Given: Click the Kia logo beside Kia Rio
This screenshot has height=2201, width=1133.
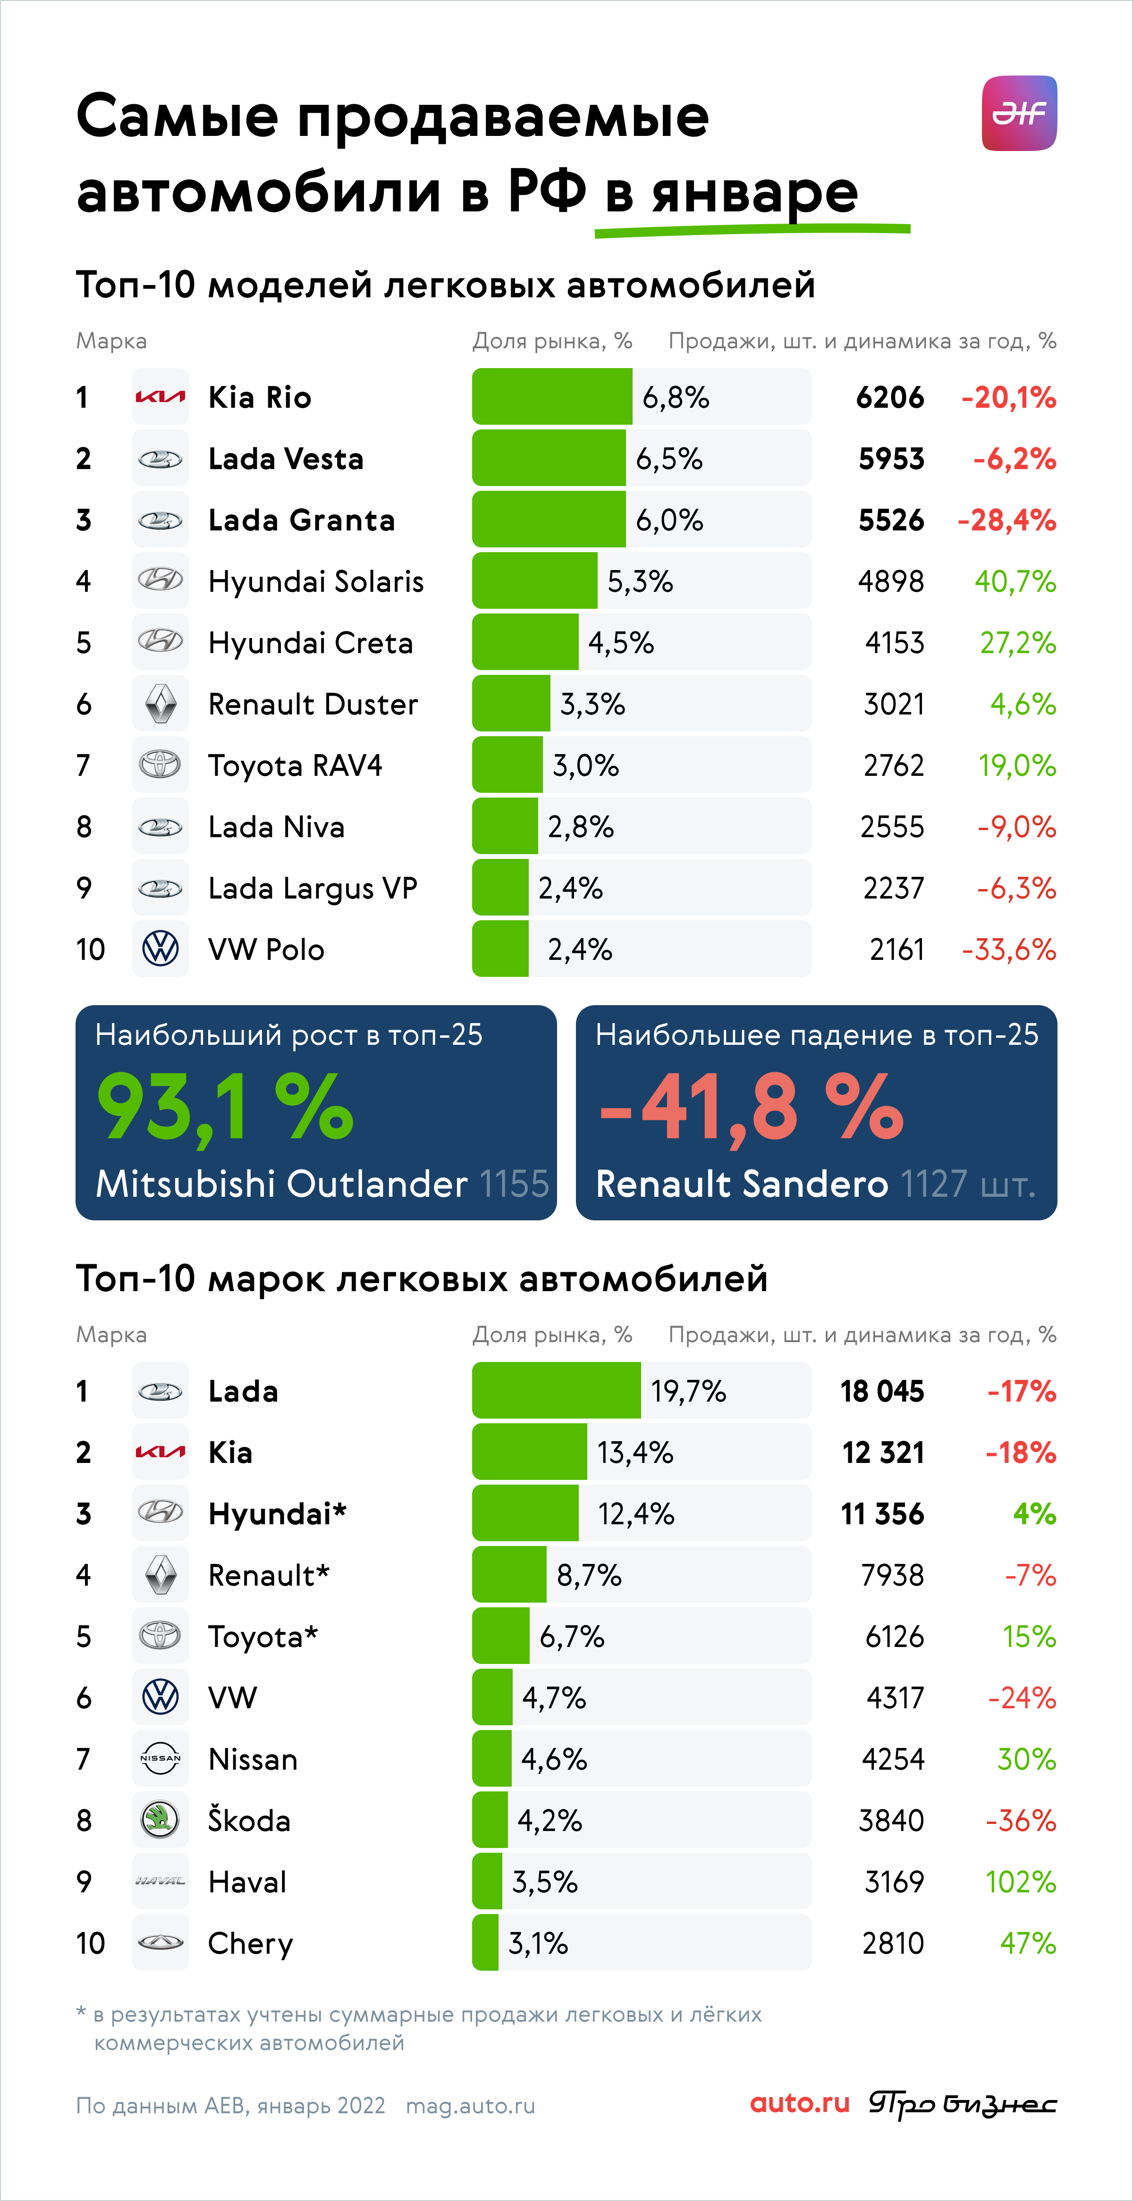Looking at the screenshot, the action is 160,396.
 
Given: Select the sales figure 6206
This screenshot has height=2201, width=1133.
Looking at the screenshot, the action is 889,397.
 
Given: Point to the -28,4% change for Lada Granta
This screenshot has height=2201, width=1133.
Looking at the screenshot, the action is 1006,521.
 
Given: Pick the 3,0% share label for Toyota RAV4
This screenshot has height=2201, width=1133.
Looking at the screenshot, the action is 585,765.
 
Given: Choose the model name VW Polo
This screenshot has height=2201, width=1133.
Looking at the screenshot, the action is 267,949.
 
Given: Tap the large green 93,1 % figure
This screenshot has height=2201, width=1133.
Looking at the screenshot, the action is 225,1108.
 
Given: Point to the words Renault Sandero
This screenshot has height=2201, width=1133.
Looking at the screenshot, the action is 742,1184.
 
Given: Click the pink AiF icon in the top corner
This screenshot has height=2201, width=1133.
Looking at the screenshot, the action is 1019,114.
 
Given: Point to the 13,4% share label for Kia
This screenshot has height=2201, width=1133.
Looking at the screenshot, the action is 635,1453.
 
